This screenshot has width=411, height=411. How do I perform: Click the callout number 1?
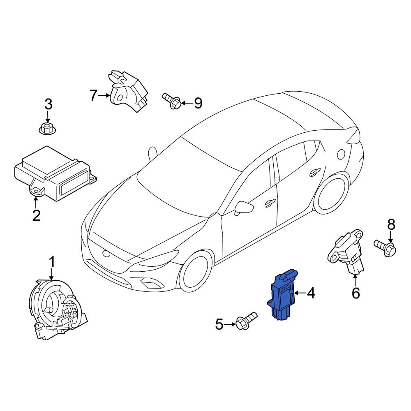coord(52,262)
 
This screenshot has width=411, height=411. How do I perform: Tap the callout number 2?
coord(37,215)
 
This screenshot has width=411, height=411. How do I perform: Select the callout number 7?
coord(94,95)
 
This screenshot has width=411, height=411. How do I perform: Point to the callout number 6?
coord(356,293)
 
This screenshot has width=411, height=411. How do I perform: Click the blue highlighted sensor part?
coord(282,295)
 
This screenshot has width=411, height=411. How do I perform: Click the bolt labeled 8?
coord(385,247)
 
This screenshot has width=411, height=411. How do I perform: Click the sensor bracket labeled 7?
coord(128,91)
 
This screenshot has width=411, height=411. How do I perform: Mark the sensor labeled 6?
coord(346,253)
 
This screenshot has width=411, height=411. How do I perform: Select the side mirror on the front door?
coord(243,208)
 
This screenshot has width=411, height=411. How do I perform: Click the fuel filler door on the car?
coord(341,154)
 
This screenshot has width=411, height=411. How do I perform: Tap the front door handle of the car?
coord(270,202)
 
